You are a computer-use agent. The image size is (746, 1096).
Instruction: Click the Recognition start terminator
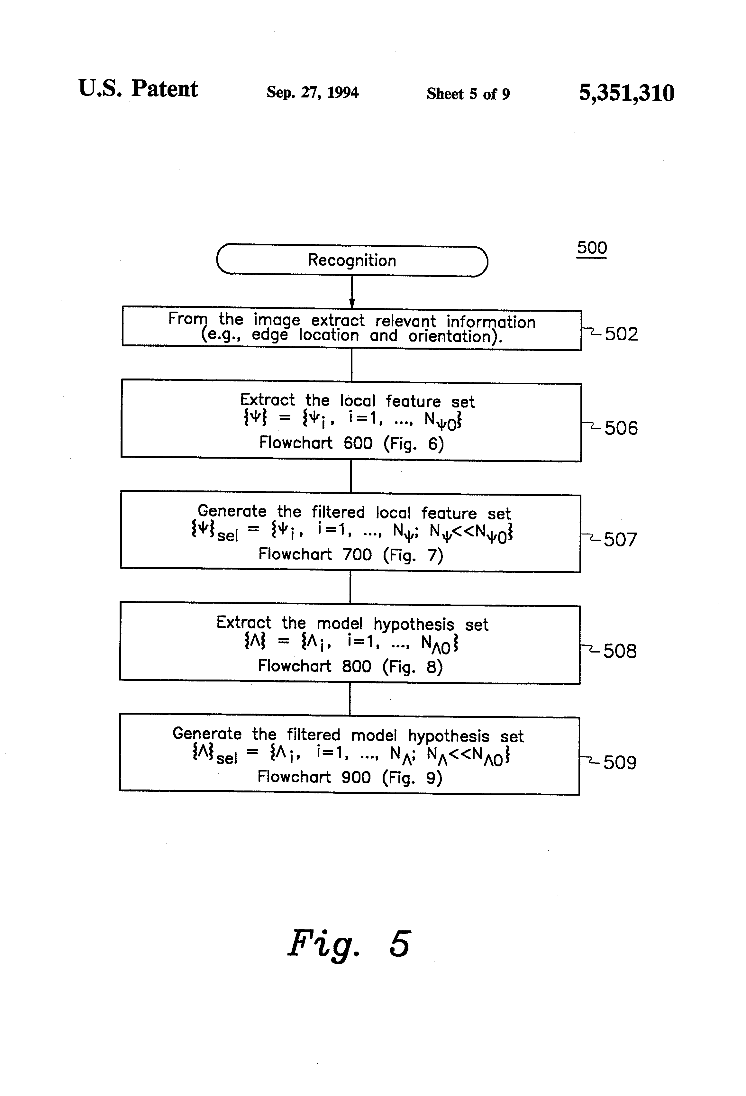(352, 260)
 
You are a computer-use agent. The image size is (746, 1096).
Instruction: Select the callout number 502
(621, 334)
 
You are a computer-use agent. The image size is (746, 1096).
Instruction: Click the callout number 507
(620, 540)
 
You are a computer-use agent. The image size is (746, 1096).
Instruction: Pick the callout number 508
(620, 651)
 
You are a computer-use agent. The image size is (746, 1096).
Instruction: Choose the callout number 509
(620, 762)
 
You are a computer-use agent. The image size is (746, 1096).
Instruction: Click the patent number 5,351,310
(626, 93)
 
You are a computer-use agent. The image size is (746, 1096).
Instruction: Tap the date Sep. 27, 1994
(312, 92)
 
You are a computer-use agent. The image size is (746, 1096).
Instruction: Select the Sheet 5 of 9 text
(468, 93)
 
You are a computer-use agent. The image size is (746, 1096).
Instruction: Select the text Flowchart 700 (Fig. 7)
(350, 555)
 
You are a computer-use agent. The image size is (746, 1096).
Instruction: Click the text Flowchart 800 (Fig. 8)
(350, 666)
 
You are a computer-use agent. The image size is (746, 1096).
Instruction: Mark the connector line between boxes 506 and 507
(351, 477)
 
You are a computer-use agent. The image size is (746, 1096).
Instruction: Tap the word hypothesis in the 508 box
(414, 625)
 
